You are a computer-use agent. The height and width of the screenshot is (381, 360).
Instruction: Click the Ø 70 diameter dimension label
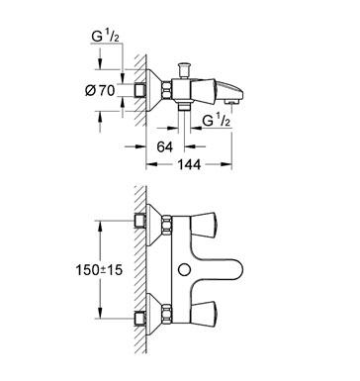tap(100, 90)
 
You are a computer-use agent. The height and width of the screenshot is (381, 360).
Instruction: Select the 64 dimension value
tap(165, 146)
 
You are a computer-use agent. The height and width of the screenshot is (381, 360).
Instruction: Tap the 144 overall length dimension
tap(189, 164)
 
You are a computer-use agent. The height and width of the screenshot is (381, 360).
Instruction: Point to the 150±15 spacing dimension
tap(99, 270)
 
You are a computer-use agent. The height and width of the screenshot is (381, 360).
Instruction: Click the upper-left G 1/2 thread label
tap(105, 37)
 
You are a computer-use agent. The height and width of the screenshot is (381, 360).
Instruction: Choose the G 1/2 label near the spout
tap(217, 121)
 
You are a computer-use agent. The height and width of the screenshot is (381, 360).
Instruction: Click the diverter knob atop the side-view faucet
tap(183, 69)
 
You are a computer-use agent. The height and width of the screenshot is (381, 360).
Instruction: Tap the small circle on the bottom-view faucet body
tap(184, 270)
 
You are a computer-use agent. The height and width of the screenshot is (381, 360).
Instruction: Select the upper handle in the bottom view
tap(204, 225)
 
